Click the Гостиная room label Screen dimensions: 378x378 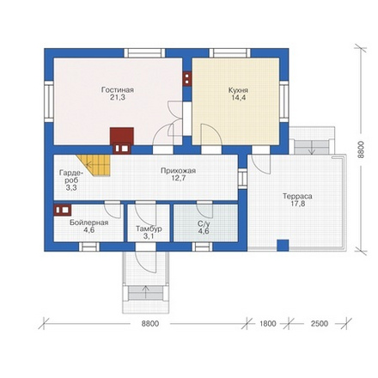click(118, 90)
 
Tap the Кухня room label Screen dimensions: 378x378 click(238, 90)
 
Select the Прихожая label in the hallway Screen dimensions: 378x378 click(178, 171)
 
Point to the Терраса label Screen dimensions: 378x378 click(297, 197)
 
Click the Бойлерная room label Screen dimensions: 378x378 click(89, 223)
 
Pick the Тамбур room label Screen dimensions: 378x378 click(149, 229)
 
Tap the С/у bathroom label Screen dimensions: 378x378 click(204, 223)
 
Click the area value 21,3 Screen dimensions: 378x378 click(118, 97)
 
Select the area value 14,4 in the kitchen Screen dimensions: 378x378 click(238, 98)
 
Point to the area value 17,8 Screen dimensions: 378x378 click(297, 204)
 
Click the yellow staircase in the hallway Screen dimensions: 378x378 click(95, 166)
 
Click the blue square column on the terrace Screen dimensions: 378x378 click(283, 246)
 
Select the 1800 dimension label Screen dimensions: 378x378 click(268, 324)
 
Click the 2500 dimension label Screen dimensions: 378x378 click(320, 324)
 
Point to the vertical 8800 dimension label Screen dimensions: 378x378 click(361, 149)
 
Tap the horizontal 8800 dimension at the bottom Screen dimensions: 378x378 click(150, 324)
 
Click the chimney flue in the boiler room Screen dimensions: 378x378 click(63, 210)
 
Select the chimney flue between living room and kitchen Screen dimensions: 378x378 click(187, 78)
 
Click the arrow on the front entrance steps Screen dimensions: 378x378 click(146, 292)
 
